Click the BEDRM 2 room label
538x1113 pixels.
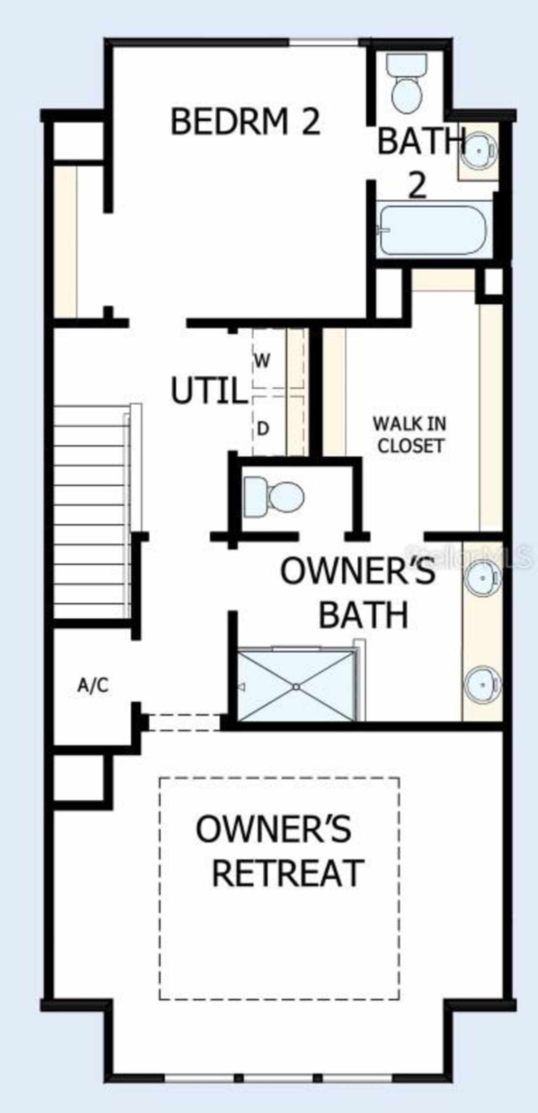coord(245,121)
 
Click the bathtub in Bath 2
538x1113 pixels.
coord(433,229)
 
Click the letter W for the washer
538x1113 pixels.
coord(262,360)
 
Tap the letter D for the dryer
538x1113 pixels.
coord(263,429)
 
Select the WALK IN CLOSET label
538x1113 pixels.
coord(410,435)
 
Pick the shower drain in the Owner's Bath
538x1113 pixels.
coord(296,686)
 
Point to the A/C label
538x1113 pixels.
coord(93,685)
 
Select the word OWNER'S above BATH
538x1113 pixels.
coord(358,571)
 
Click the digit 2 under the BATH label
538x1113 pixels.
coord(418,186)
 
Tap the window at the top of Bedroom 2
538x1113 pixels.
coord(324,42)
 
